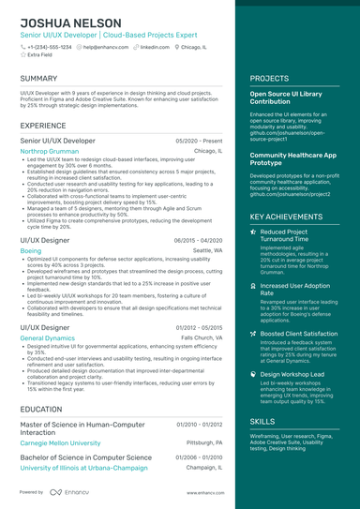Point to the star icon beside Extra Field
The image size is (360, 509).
pyautogui.click(x=22, y=55)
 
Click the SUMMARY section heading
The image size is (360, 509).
pyautogui.click(x=38, y=79)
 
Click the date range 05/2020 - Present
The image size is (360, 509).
pyautogui.click(x=199, y=140)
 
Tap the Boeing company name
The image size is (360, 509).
pyautogui.click(x=30, y=251)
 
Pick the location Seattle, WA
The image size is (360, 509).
pyautogui.click(x=207, y=251)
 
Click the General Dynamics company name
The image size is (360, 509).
pyautogui.click(x=47, y=337)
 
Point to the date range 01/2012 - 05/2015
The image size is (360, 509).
pyautogui.click(x=198, y=327)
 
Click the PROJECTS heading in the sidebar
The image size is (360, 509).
pyautogui.click(x=270, y=79)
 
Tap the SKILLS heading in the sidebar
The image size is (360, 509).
pyautogui.click(x=263, y=422)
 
